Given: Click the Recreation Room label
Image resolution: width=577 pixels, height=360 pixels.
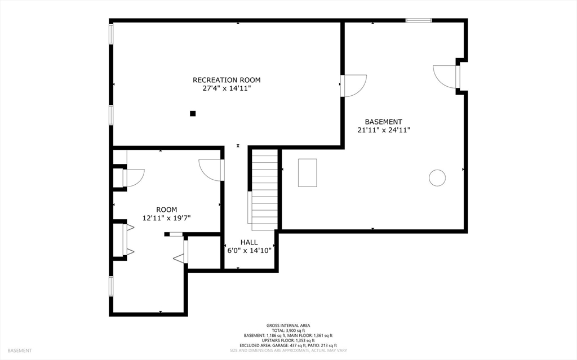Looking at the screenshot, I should (227, 80).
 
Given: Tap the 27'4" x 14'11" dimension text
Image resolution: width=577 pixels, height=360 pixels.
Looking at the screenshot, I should (227, 88).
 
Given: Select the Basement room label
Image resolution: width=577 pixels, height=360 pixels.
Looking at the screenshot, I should (383, 122).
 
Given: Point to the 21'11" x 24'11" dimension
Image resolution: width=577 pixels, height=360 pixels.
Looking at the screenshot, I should (383, 130).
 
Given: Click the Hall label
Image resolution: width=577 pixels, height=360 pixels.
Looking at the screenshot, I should (249, 242).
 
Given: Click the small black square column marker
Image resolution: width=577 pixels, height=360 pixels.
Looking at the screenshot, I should (193, 113).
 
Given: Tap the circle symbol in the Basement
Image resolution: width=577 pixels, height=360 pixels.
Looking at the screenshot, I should (437, 178).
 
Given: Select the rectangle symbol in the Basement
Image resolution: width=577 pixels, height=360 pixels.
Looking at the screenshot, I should (307, 172).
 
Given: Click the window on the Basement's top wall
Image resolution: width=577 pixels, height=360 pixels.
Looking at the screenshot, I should (419, 21).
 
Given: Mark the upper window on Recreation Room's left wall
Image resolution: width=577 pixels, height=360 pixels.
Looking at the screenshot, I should (111, 34).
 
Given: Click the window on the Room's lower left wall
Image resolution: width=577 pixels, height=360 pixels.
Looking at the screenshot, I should (111, 286).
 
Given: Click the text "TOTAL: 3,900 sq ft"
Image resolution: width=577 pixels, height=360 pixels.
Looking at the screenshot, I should (288, 330).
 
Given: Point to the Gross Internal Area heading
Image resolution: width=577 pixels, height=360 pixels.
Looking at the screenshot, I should (288, 325).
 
